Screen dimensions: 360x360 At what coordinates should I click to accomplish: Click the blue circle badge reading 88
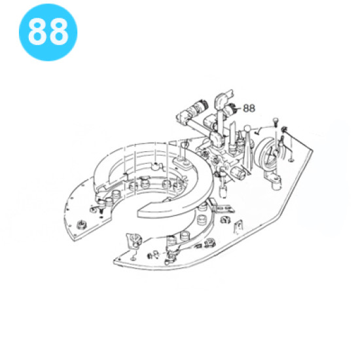click(x=48, y=32)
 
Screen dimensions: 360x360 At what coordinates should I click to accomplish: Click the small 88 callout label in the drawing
click(x=249, y=108)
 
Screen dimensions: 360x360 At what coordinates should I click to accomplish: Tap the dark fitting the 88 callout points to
click(x=231, y=109)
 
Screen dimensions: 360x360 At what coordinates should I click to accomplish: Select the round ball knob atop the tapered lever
click(x=247, y=129)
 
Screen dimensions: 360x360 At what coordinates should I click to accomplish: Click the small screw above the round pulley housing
click(x=276, y=121)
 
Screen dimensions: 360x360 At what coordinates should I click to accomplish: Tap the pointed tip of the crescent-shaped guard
click(x=138, y=214)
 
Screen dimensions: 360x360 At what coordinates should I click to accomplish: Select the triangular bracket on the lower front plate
click(x=134, y=241)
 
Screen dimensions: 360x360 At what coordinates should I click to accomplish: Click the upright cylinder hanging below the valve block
click(x=223, y=191)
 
